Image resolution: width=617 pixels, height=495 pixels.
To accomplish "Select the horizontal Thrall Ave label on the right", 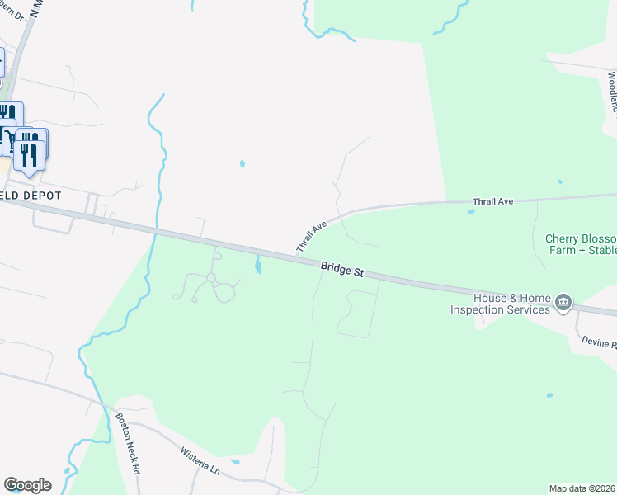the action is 493,201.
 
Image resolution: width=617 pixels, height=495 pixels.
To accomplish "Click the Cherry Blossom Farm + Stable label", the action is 581,244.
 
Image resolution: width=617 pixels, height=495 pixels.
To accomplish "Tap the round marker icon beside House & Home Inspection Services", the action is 564,303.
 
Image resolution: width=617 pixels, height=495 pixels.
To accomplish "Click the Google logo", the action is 27,485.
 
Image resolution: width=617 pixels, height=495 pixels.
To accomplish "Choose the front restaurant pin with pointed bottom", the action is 30,155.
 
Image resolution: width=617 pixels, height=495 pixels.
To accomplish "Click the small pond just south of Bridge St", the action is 258,265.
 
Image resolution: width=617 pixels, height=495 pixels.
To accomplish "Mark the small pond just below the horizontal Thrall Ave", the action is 470,212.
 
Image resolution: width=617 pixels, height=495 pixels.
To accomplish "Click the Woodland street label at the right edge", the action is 611,91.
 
